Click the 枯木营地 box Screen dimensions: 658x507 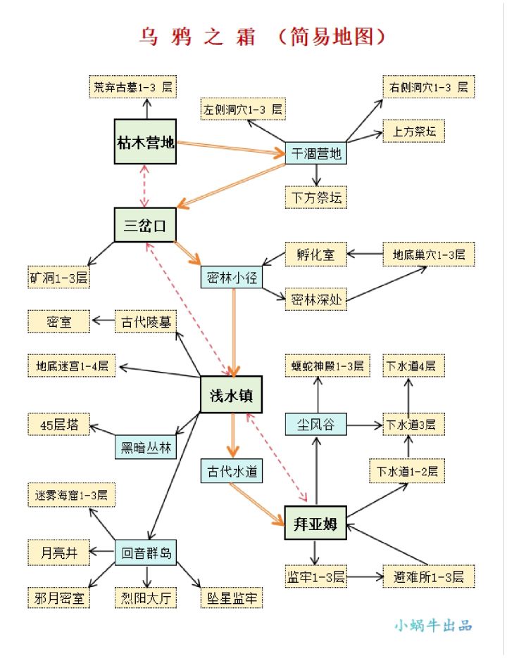click(x=145, y=143)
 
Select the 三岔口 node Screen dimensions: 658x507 click(x=145, y=225)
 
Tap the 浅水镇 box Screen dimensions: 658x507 click(x=231, y=396)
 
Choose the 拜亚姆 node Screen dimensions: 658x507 click(x=315, y=523)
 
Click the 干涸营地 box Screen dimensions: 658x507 click(x=316, y=153)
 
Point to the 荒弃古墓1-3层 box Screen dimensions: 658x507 click(x=133, y=87)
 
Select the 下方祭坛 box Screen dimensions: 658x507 click(x=316, y=198)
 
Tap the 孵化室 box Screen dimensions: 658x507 click(x=315, y=254)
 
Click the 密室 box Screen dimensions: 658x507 click(x=59, y=322)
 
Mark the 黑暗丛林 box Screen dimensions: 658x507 click(x=146, y=447)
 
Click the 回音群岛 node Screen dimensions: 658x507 click(x=146, y=553)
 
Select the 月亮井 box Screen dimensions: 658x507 click(x=59, y=553)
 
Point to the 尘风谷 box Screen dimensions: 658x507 click(x=316, y=425)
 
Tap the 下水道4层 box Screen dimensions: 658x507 click(x=411, y=366)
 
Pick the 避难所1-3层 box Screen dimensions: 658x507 click(x=429, y=577)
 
